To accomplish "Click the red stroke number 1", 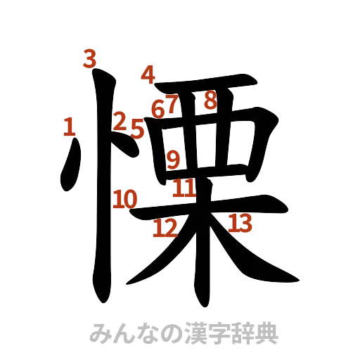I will click(69, 127).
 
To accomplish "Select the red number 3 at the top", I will click(89, 58).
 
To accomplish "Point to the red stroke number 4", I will click(148, 74).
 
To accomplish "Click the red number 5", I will click(137, 129).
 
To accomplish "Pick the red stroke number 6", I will click(158, 108).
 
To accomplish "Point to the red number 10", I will click(126, 200).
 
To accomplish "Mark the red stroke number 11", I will click(184, 188).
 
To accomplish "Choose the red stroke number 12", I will click(165, 228).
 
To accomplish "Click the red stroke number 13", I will click(240, 224).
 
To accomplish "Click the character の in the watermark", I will click(171, 333).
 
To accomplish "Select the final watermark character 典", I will click(266, 333).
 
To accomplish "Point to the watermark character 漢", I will click(195, 333).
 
